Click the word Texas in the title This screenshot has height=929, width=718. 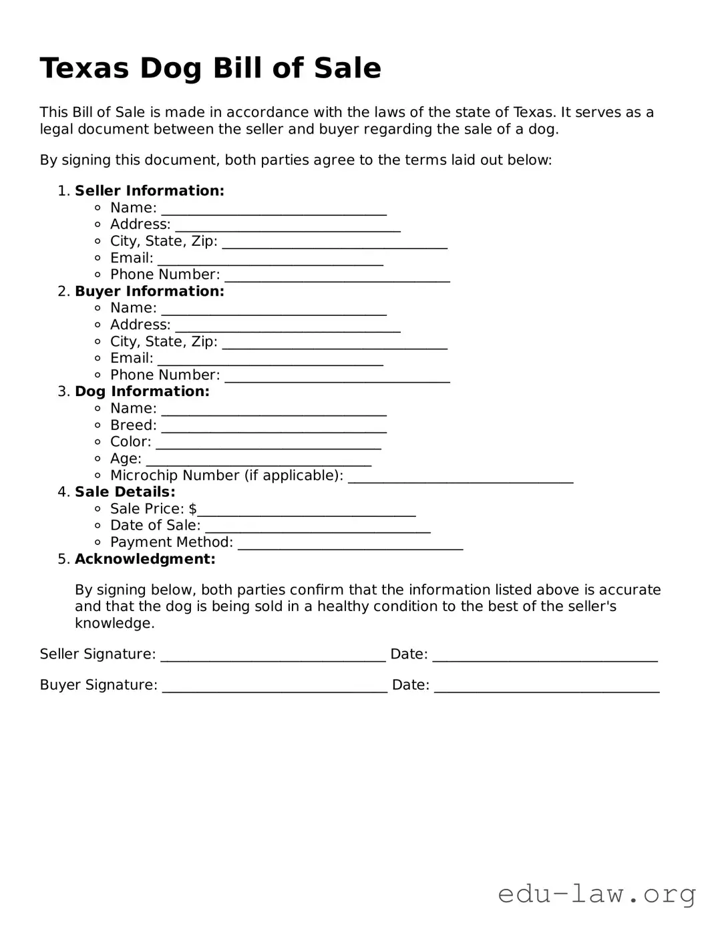84,68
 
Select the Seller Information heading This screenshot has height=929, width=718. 149,191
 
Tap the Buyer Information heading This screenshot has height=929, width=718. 149,291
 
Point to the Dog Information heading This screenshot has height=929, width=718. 142,391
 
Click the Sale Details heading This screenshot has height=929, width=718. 125,492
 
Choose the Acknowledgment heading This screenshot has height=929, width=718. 145,559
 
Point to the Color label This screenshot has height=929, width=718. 130,442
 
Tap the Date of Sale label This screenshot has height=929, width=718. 155,526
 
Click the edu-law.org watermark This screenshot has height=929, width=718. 596,893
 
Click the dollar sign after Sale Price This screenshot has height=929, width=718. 192,509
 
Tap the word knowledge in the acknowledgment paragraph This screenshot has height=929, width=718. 114,623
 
